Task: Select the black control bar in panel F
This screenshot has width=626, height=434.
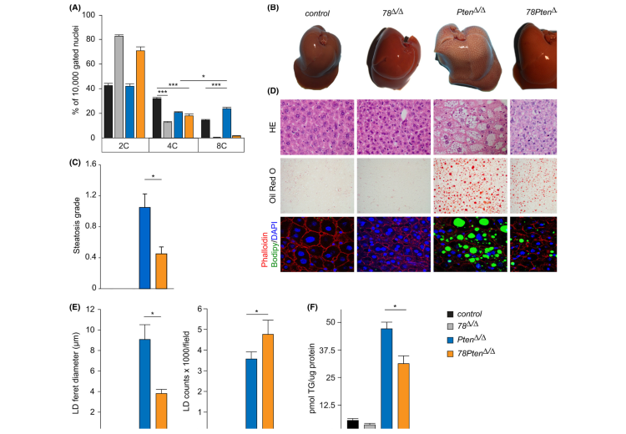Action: (x=352, y=424)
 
